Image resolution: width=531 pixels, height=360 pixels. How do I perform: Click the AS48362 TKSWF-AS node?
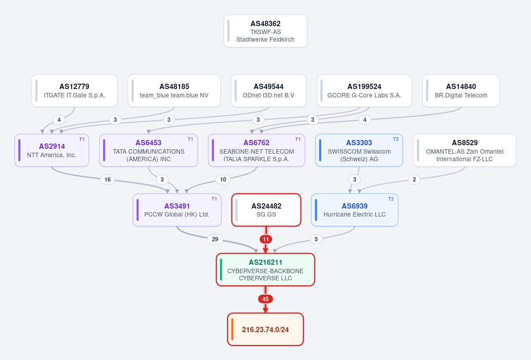pyautogui.click(x=265, y=31)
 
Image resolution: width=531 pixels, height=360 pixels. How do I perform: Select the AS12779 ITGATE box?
pyautogui.click(x=74, y=91)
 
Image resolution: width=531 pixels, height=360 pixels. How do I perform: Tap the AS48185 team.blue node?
pyautogui.click(x=174, y=91)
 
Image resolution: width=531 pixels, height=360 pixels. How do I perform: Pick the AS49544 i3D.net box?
pyautogui.click(x=269, y=91)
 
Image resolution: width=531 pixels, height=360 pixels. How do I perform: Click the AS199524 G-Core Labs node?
pyautogui.click(x=364, y=91)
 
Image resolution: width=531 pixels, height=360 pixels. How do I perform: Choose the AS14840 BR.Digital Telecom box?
pyautogui.click(x=461, y=91)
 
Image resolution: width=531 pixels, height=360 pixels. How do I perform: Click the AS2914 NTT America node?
pyautogui.click(x=52, y=151)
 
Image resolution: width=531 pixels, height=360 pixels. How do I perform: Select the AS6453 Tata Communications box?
pyautogui.click(x=148, y=151)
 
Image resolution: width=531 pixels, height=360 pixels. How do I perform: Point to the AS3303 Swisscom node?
pyautogui.click(x=359, y=151)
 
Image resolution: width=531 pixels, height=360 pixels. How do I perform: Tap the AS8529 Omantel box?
pyautogui.click(x=465, y=151)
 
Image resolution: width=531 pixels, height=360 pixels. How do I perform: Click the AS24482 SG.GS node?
pyautogui.click(x=266, y=210)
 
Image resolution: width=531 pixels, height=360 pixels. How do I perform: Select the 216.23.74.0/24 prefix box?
pyautogui.click(x=265, y=329)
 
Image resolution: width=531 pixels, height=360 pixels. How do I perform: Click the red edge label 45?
pyautogui.click(x=265, y=299)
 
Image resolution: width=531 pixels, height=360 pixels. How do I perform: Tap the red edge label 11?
pyautogui.click(x=266, y=239)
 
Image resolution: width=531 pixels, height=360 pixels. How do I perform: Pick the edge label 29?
pyautogui.click(x=215, y=239)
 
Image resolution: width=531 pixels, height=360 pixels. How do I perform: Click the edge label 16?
pyautogui.click(x=108, y=179)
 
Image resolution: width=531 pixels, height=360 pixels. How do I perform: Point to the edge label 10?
pyautogui.click(x=223, y=179)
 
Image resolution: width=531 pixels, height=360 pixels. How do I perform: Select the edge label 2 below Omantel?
pyautogui.click(x=414, y=179)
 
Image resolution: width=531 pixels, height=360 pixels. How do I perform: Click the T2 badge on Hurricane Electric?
pyautogui.click(x=391, y=199)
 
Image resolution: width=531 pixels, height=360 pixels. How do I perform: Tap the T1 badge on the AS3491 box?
pyautogui.click(x=214, y=199)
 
